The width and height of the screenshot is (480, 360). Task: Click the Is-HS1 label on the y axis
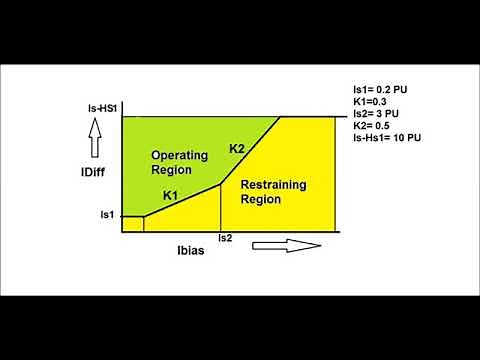pos(101,108)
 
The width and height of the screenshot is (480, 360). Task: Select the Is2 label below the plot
pos(226,239)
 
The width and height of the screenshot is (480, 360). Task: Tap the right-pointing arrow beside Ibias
pos(285,245)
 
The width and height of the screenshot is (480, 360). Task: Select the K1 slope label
pos(170,195)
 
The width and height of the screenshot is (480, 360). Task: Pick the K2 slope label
pos(237,149)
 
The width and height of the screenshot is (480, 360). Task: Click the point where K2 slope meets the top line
pos(282,117)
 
